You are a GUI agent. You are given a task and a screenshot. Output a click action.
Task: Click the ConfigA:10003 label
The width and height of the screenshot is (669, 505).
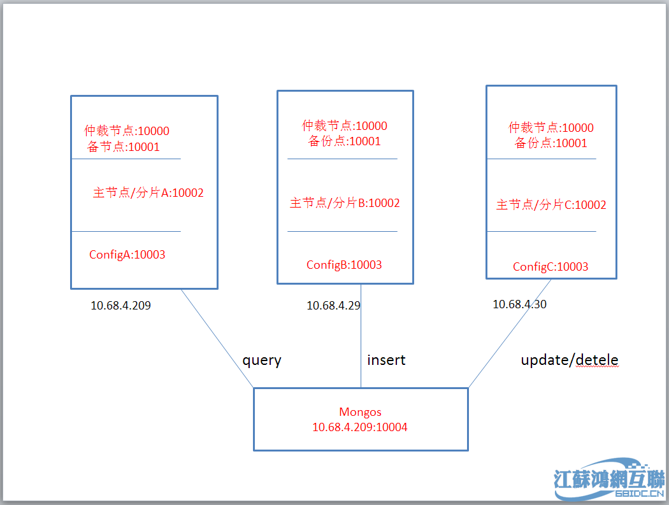point(127,255)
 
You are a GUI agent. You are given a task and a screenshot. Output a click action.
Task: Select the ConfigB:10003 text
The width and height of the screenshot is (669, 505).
point(344,265)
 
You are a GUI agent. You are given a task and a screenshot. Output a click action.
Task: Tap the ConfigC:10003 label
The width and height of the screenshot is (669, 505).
point(550,267)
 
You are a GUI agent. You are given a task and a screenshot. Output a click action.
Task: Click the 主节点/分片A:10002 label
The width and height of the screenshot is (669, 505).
point(148,193)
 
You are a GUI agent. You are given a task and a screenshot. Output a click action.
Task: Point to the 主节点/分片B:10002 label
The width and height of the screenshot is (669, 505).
point(345,203)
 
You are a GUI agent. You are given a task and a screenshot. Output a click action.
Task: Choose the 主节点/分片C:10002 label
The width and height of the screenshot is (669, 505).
point(551,205)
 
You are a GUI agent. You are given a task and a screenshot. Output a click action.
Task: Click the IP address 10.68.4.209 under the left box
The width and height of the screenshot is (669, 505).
point(120,306)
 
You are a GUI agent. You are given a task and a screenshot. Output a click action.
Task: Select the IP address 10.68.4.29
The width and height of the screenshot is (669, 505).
point(333,306)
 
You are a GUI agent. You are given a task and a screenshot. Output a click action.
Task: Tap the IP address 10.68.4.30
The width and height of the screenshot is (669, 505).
point(519,304)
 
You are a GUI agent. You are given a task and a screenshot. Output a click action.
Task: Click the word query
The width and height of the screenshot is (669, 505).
point(261,360)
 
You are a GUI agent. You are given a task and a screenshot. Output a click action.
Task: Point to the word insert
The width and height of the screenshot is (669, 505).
point(386,360)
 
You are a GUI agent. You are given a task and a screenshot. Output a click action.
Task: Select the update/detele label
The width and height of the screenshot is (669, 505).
point(570,360)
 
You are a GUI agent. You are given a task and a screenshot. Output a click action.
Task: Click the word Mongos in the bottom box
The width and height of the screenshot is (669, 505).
point(360,413)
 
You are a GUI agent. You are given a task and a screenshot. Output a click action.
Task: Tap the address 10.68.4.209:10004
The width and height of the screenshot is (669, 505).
point(360,427)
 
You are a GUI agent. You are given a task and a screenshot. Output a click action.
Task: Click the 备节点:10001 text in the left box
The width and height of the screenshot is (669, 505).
point(124,147)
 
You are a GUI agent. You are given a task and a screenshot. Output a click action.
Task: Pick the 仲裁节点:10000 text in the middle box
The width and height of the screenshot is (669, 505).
point(345,126)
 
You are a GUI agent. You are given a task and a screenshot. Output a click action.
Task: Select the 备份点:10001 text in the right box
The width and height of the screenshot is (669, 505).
point(550,143)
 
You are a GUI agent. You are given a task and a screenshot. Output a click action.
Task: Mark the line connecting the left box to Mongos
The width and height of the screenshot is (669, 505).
point(217,338)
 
